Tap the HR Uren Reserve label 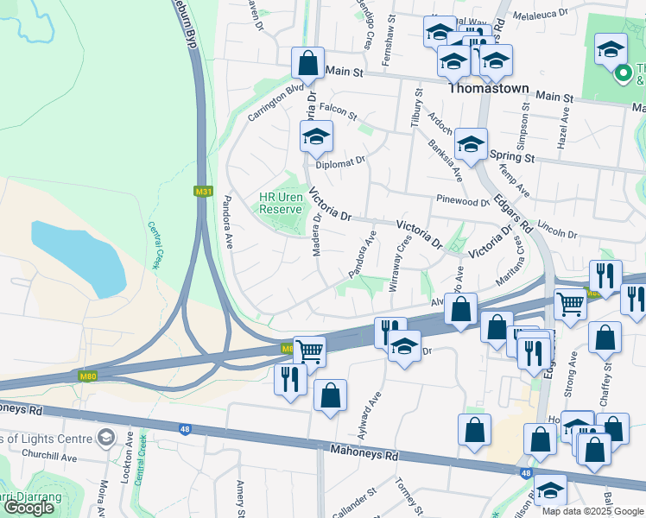(x=281, y=203)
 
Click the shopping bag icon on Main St (x=307, y=63)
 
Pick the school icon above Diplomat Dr (x=316, y=136)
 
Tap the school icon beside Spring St (x=471, y=144)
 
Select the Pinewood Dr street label (x=463, y=202)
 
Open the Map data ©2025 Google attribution (x=592, y=510)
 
